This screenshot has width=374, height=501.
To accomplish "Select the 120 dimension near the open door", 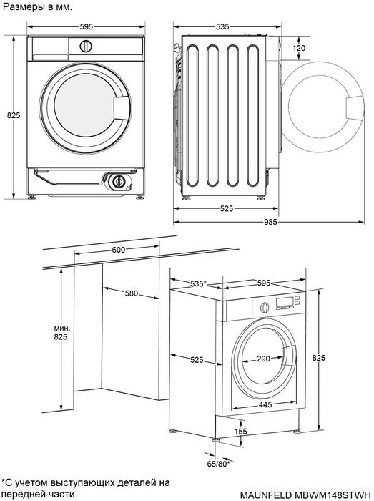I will [x=299, y=48].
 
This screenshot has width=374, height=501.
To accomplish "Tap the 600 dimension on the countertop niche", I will [x=118, y=250].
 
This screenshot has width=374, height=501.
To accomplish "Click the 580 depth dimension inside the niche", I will [x=132, y=294].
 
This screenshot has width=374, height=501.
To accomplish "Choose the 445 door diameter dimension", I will [x=265, y=405].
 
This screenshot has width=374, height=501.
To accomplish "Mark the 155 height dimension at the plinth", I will [x=241, y=431].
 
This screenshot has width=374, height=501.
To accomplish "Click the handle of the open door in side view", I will [x=355, y=107].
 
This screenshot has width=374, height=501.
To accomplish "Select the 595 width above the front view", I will [x=86, y=26].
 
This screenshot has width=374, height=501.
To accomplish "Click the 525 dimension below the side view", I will [x=226, y=208].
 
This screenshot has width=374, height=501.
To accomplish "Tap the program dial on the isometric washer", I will [x=264, y=307].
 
